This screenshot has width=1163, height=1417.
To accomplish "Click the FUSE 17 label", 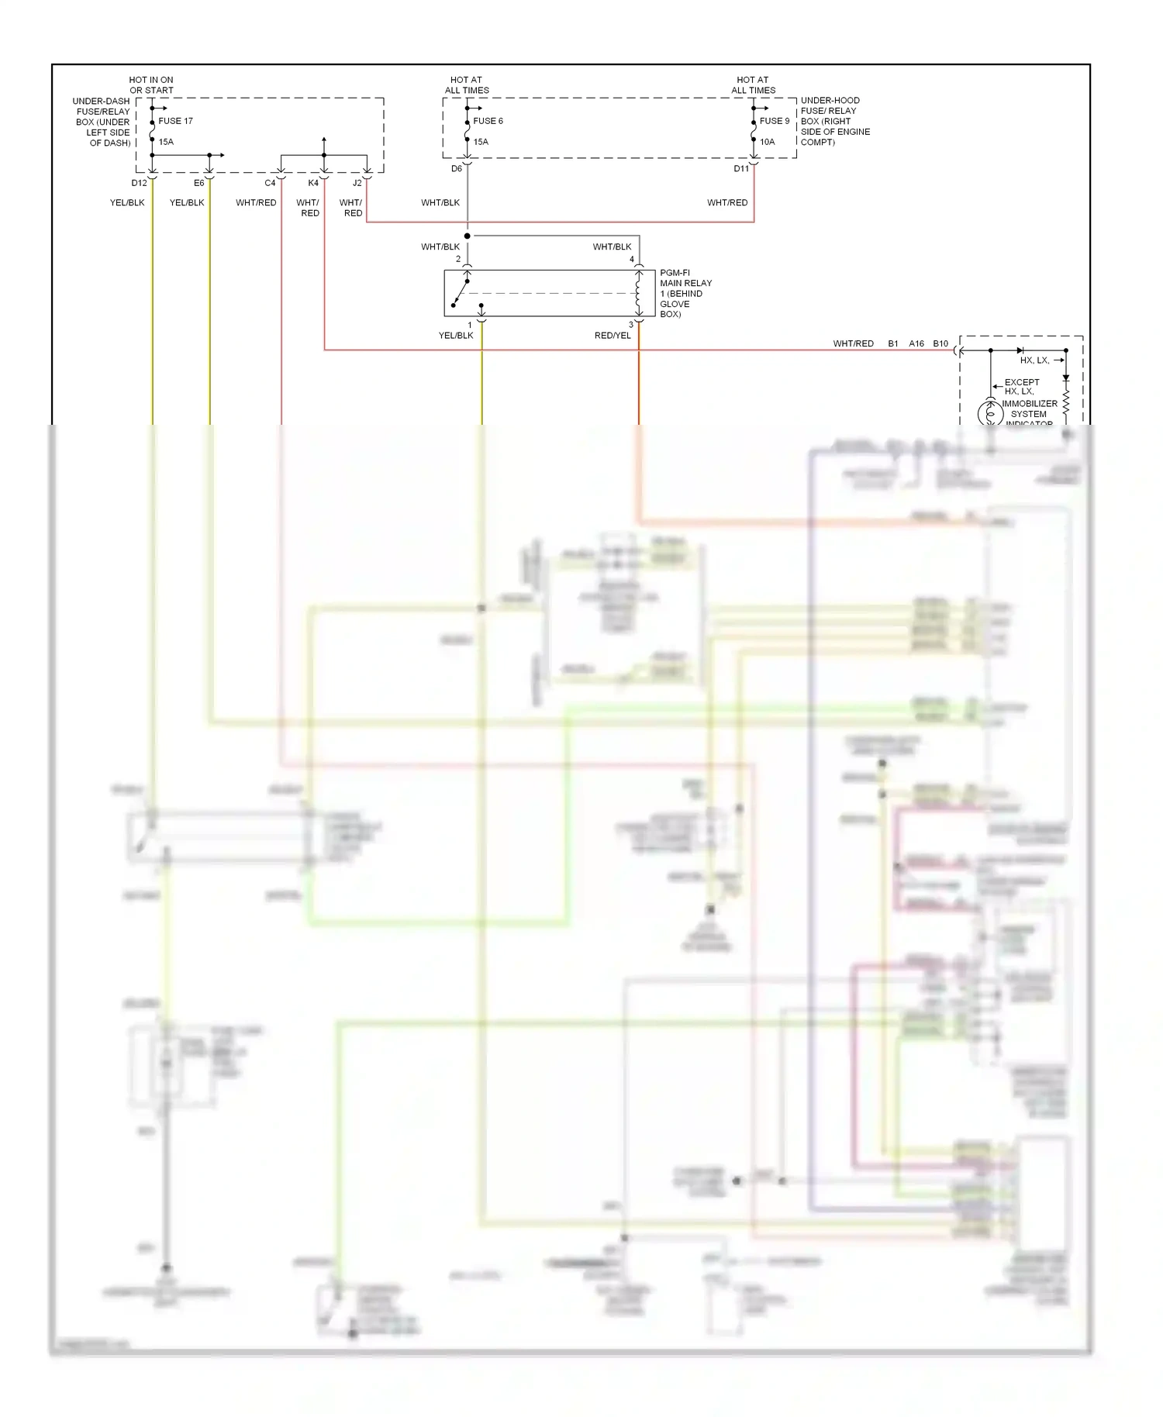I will (x=175, y=121).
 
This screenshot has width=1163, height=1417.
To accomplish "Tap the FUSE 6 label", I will (x=488, y=121).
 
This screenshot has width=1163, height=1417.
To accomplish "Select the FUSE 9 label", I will (x=775, y=121).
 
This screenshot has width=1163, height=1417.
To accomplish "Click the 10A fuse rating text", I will (x=767, y=142).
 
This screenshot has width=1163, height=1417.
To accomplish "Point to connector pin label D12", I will (x=139, y=183).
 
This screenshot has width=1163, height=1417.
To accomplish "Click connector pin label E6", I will (x=199, y=183).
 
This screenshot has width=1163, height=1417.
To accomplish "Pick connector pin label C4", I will (x=270, y=183).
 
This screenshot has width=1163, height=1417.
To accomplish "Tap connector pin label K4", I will (x=313, y=183).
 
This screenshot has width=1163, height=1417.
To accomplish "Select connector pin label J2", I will (x=357, y=183).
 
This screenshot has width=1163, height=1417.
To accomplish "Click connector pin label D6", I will (x=457, y=168).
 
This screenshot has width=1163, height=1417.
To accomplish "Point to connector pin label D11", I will (x=741, y=168).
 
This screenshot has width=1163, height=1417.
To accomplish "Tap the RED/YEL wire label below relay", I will (x=613, y=336).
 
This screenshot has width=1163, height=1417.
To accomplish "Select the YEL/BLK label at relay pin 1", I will (x=456, y=336).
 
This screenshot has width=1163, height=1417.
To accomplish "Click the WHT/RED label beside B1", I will (x=853, y=343).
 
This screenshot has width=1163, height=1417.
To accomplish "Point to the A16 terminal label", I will (x=916, y=343).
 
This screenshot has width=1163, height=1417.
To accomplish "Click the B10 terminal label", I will (x=940, y=343).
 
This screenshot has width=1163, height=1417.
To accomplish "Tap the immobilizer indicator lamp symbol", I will (x=990, y=413).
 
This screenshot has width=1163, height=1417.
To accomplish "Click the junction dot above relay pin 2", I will (x=468, y=236).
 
